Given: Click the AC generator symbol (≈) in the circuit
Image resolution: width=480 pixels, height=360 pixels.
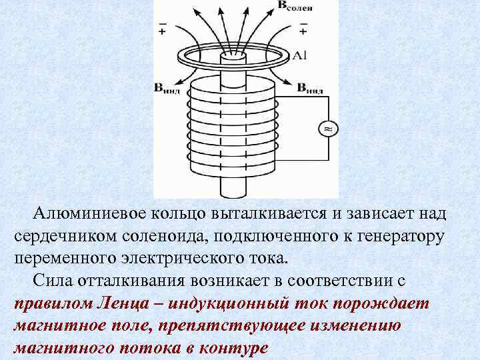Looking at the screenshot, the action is (x=327, y=128).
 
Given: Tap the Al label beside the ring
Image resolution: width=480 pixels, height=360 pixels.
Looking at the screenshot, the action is (x=299, y=56).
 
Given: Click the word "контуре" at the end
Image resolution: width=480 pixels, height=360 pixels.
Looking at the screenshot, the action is (x=233, y=349).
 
